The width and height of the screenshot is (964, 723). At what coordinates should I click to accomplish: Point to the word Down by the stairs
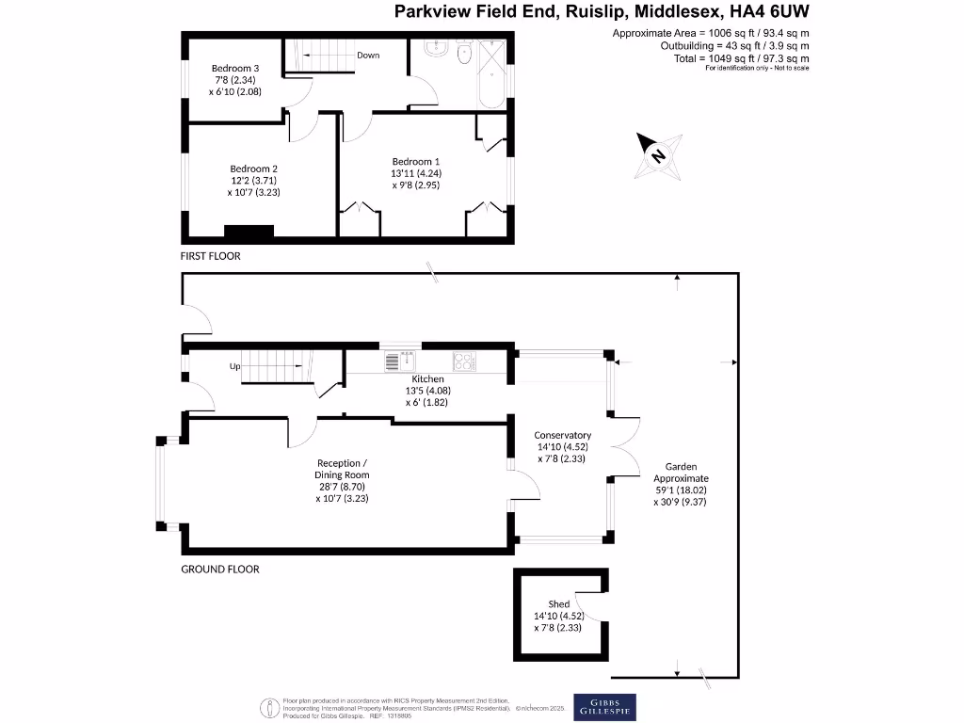[368, 56]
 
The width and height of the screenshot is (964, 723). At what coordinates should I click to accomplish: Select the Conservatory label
[562, 446]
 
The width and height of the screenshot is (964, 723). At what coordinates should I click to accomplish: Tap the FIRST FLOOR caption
[211, 256]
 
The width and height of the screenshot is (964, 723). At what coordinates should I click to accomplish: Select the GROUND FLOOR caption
[219, 570]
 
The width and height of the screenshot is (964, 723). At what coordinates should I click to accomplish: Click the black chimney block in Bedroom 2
[249, 231]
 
